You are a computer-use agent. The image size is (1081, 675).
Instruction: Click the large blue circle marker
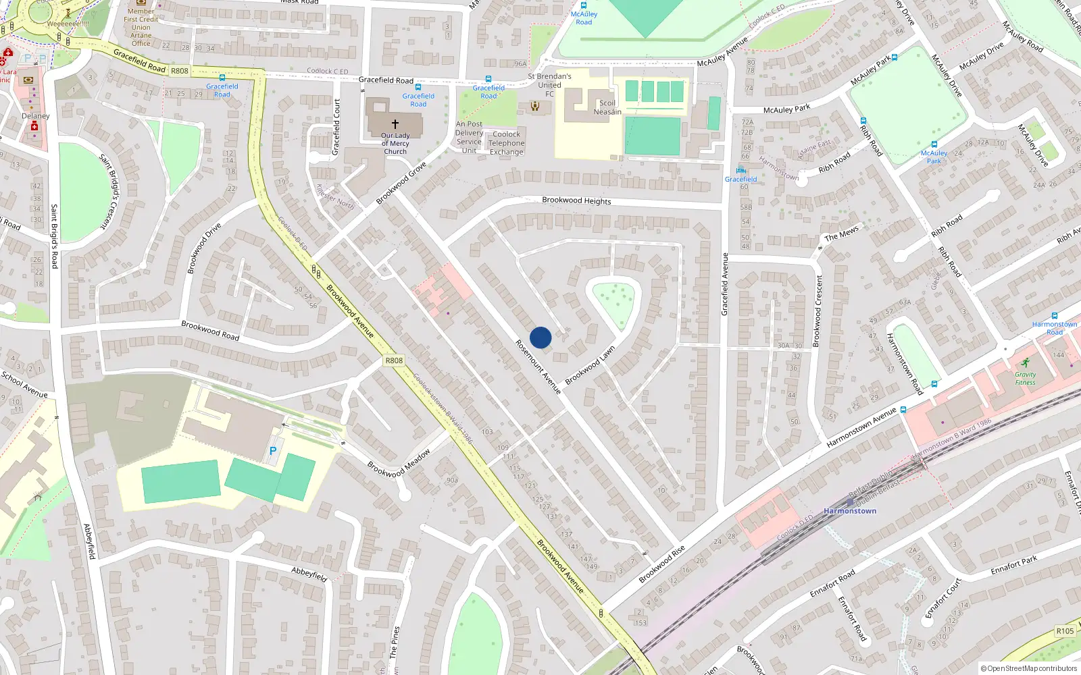point(540,337)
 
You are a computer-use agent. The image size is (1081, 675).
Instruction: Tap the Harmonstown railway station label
point(850,511)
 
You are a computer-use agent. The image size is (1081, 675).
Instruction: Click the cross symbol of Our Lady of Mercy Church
point(395,124)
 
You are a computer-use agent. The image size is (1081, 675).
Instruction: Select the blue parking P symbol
point(273,451)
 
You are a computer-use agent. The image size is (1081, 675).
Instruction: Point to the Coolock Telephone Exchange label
point(507,143)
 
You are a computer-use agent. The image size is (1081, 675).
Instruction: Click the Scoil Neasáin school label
point(607,108)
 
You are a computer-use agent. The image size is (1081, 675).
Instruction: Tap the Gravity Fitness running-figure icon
point(1026,362)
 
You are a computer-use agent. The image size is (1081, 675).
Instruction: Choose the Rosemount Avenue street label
point(538,367)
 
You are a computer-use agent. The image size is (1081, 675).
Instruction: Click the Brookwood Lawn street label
point(590,366)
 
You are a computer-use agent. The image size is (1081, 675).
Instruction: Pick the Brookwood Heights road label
point(576,200)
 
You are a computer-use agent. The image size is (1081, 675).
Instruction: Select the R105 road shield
point(1065,631)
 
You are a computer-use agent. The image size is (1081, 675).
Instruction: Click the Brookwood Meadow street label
point(399,464)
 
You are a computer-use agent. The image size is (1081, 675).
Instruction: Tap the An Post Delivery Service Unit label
point(469,137)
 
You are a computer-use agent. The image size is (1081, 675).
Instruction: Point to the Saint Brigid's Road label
point(55,236)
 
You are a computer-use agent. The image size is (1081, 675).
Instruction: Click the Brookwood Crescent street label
point(818,310)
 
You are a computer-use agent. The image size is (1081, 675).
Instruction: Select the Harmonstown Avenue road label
point(861,427)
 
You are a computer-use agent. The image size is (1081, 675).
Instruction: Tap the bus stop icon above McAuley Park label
point(934,144)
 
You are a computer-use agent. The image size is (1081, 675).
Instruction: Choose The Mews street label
point(841,233)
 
